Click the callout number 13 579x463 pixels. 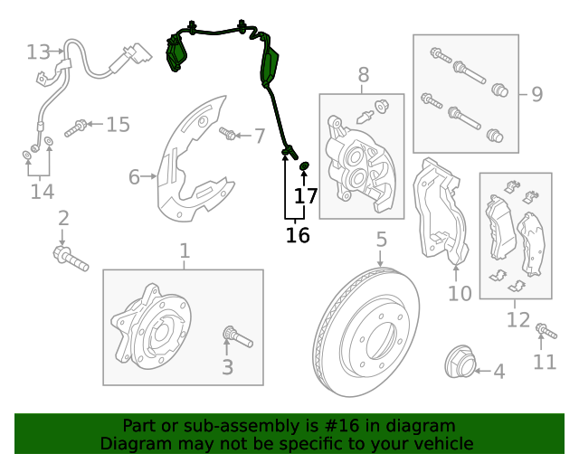click(38, 52)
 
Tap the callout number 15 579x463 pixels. click(118, 124)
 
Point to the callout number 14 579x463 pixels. click(42, 191)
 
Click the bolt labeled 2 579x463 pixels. click(71, 259)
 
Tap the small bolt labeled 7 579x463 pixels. click(228, 136)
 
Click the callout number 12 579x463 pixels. click(517, 319)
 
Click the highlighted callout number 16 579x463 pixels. click(298, 235)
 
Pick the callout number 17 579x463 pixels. click(306, 195)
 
